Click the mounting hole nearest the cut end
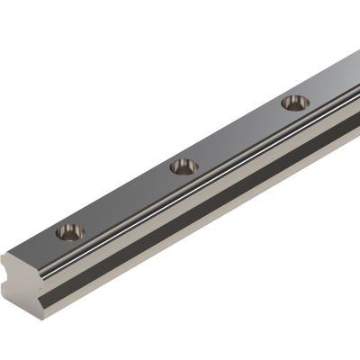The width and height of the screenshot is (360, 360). click(69, 231)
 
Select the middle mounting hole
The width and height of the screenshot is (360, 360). click(184, 166)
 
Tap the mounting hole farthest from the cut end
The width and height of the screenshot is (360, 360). click(294, 103)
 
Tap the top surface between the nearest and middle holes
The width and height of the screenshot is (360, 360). click(126, 199)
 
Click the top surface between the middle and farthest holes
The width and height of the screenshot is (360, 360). click(238, 135)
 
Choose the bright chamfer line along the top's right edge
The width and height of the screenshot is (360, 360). click(225, 171)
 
